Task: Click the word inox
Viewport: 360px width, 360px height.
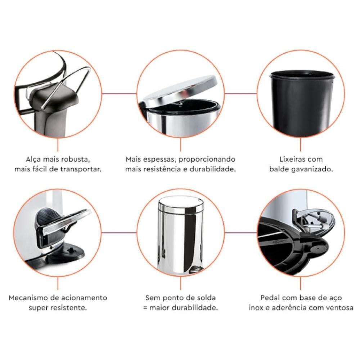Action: [256, 308]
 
